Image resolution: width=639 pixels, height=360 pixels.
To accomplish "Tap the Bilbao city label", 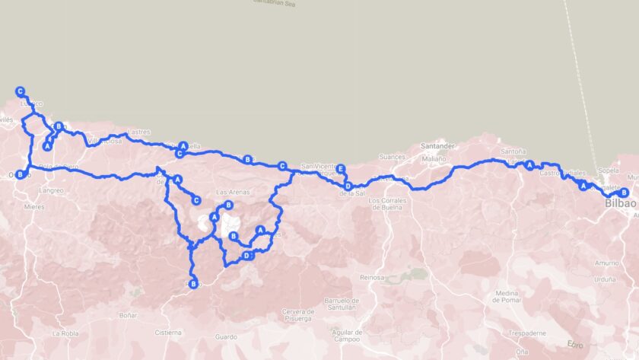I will (621, 204).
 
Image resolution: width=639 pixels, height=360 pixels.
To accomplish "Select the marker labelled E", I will (341, 169).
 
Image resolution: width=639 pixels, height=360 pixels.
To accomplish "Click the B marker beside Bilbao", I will (624, 192).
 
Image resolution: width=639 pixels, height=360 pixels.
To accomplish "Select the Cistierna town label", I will (167, 332).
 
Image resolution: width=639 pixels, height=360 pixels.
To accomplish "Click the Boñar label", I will (128, 314).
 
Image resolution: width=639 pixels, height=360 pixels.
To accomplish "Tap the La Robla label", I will (65, 333).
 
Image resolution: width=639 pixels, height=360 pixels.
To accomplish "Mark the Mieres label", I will (35, 206).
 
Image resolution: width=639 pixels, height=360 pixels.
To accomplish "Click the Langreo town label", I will (52, 190).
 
